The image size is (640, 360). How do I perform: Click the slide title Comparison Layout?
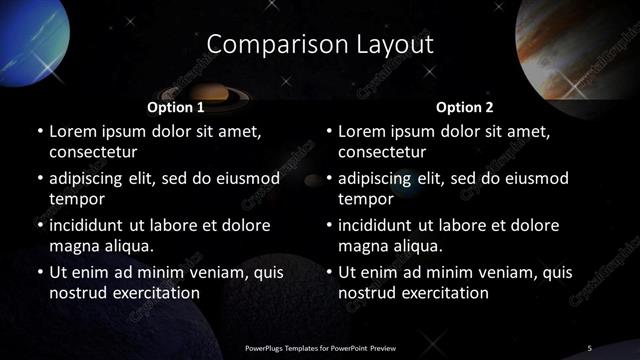(320, 45)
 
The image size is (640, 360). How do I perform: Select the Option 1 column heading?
(176, 107)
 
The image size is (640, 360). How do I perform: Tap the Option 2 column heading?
(465, 107)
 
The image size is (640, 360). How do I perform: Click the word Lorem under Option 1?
(72, 131)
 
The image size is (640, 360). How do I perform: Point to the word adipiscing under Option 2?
(377, 179)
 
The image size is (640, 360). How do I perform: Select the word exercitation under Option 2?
(441, 293)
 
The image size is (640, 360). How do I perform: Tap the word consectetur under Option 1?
(93, 153)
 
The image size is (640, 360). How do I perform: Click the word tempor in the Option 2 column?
(366, 199)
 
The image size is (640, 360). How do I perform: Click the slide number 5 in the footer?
(590, 347)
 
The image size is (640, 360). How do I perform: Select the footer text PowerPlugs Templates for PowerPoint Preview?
(321, 347)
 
